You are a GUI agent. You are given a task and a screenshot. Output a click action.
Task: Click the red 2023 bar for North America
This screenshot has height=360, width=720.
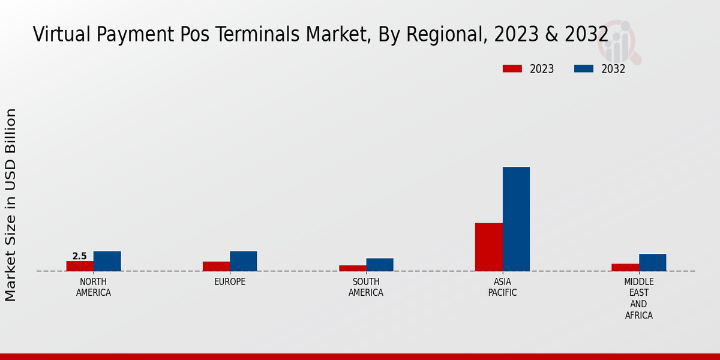[x=80, y=266]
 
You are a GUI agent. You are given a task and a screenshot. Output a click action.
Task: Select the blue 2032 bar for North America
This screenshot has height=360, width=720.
[x=107, y=261]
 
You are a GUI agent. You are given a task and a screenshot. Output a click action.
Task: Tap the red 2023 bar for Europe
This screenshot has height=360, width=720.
[x=216, y=266]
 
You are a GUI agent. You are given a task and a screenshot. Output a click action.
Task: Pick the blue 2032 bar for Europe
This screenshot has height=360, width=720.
[x=243, y=261]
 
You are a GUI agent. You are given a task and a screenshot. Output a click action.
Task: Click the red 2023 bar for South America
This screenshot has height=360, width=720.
[x=352, y=268]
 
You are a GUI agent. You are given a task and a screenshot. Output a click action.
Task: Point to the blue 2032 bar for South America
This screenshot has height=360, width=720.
[x=380, y=265]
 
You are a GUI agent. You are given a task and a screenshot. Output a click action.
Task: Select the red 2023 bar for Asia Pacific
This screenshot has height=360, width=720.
[x=488, y=247]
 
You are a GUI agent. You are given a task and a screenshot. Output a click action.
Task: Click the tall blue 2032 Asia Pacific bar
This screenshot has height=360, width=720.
[x=516, y=219]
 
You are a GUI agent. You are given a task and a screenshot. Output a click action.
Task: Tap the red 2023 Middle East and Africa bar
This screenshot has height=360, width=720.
[x=625, y=268]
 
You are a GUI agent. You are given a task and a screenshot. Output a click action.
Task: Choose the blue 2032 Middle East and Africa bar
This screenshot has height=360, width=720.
[x=652, y=262]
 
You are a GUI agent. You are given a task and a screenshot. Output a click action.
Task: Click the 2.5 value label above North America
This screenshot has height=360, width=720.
[x=80, y=256]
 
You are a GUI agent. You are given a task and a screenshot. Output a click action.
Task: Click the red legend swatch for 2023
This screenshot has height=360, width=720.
[x=512, y=69]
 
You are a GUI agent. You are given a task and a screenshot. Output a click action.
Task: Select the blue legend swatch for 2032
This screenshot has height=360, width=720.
[x=584, y=69]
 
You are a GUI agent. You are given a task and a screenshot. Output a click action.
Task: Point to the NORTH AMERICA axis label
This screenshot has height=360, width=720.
[x=94, y=287]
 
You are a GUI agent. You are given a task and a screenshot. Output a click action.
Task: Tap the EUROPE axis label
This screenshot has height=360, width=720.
[x=230, y=282]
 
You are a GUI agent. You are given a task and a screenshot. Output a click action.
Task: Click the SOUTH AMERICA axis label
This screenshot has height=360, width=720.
[x=366, y=287]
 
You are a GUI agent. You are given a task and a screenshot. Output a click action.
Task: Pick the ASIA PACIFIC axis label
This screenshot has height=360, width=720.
[x=502, y=287]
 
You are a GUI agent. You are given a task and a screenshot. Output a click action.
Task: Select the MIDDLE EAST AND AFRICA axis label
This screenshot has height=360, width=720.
[x=639, y=298]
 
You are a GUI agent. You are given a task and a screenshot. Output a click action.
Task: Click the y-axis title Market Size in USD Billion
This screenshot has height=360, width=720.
[x=11, y=205]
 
